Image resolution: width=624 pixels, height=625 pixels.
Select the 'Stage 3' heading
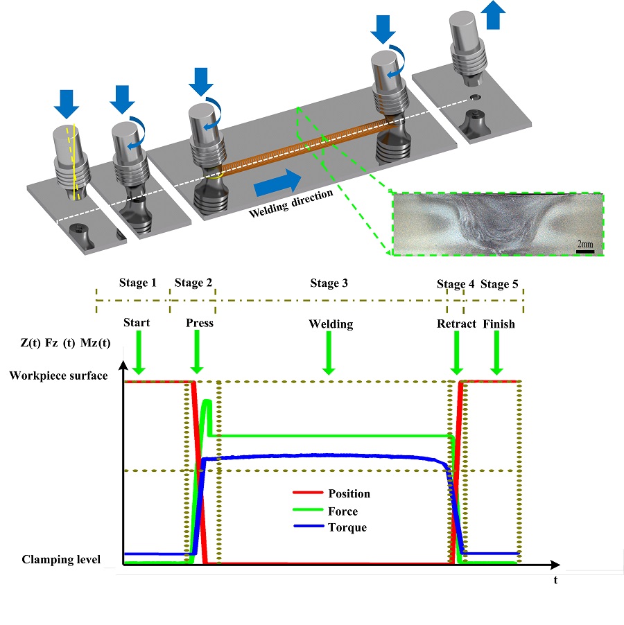pyautogui.click(x=330, y=283)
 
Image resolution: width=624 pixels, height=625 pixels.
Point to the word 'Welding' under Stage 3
pyautogui.click(x=331, y=324)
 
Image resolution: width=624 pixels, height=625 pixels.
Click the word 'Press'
pyautogui.click(x=200, y=323)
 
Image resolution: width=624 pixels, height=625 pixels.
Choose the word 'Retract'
pyautogui.click(x=456, y=324)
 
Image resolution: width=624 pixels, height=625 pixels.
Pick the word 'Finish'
pyautogui.click(x=499, y=324)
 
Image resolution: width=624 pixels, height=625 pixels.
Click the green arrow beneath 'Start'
pyautogui.click(x=139, y=353)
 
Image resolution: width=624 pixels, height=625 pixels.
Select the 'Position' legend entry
pyautogui.click(x=349, y=494)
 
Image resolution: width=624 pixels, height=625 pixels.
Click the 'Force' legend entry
pyautogui.click(x=344, y=511)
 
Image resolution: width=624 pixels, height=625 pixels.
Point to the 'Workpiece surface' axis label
pyautogui.click(x=59, y=376)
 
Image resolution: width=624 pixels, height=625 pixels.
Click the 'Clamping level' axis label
pyautogui.click(x=61, y=559)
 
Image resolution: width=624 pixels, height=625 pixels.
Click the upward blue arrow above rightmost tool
pyautogui.click(x=494, y=15)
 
